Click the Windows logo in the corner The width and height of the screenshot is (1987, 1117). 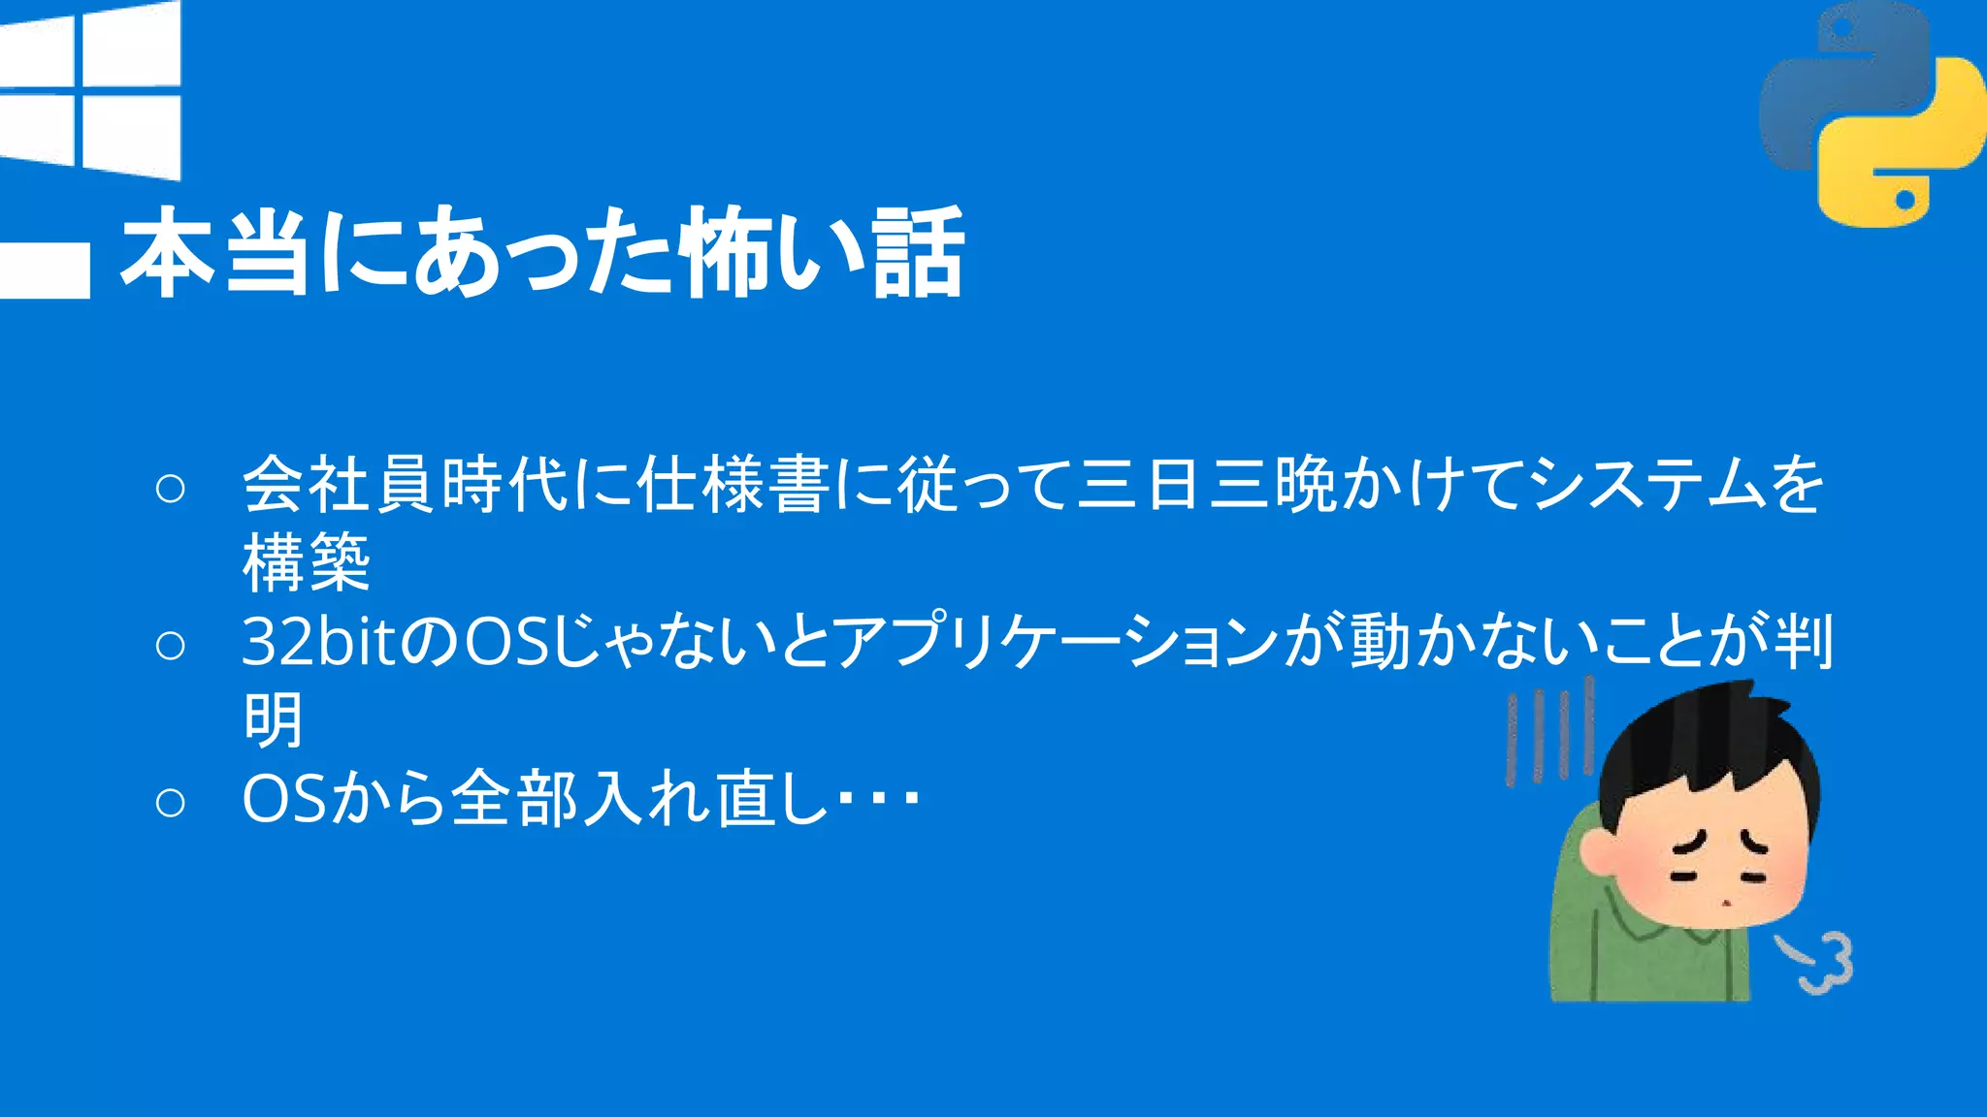[91, 89]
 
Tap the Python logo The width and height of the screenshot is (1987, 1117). [1872, 114]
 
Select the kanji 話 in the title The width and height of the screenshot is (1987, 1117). [918, 252]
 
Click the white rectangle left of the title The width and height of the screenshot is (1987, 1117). [45, 269]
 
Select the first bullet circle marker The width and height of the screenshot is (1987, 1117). [170, 488]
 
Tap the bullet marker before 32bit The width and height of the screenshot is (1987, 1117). [170, 645]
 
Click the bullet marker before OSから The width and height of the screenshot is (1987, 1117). [170, 802]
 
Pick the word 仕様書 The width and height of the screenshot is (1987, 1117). [733, 484]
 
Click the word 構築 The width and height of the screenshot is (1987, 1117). [307, 562]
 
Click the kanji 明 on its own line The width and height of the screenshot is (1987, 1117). [274, 720]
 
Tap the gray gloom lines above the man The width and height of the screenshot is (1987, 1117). [1548, 732]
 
